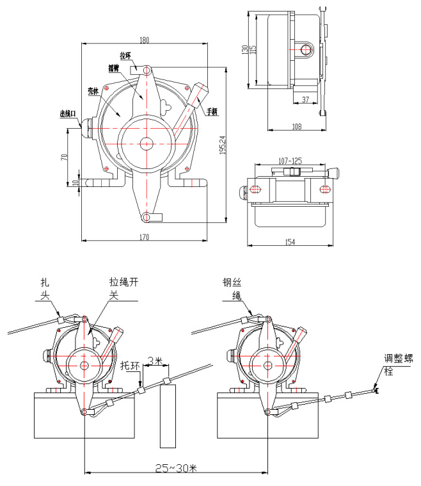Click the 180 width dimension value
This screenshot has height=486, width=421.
tap(144, 40)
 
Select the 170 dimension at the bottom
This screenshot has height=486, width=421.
tap(144, 238)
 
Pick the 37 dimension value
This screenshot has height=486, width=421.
tap(305, 99)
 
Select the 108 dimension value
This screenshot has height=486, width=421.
tap(296, 127)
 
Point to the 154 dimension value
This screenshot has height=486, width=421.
tap(290, 241)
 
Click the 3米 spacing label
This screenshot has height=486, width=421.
tap(154, 360)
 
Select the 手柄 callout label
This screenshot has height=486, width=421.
tap(212, 111)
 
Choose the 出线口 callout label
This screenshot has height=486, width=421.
tap(68, 113)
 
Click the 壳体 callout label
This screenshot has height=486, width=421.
tap(93, 91)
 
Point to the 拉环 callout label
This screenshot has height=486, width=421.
tap(125, 56)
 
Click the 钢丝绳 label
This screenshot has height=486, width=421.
tap(230, 288)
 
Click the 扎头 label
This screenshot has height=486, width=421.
tap(45, 288)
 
